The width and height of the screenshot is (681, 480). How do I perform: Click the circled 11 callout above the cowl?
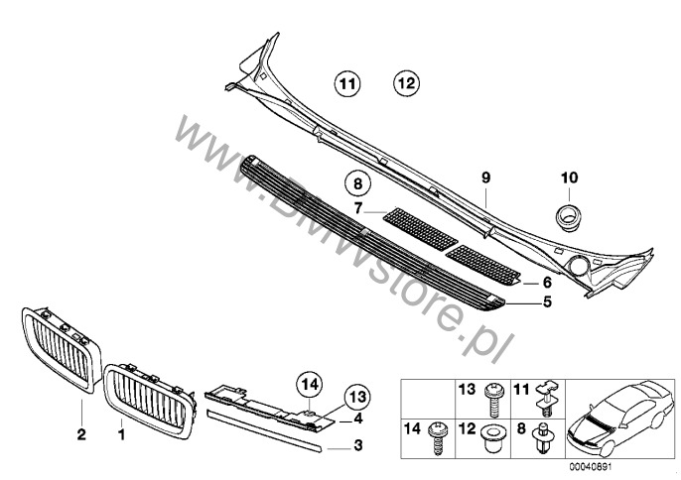pyautogui.click(x=347, y=84)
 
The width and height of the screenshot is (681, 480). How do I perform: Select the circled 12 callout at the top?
pyautogui.click(x=407, y=84)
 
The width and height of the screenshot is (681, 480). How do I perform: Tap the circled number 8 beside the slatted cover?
pyautogui.click(x=358, y=183)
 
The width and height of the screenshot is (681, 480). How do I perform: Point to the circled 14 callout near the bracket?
pyautogui.click(x=311, y=383)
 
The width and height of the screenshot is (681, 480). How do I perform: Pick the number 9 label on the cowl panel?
pyautogui.click(x=486, y=179)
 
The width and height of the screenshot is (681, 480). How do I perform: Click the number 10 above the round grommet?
pyautogui.click(x=569, y=179)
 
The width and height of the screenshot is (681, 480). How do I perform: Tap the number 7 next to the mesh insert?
pyautogui.click(x=358, y=209)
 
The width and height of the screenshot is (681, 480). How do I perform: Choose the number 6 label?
pyautogui.click(x=545, y=283)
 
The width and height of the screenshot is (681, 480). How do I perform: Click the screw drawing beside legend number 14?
pyautogui.click(x=436, y=436)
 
